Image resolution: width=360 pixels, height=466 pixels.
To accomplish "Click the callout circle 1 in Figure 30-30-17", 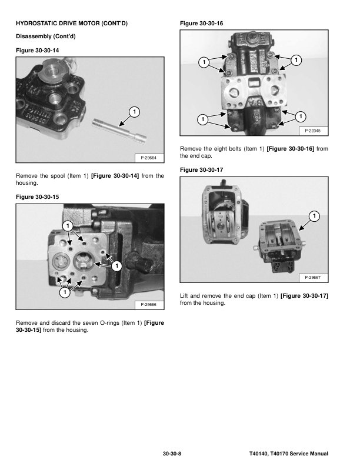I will pos(315,216).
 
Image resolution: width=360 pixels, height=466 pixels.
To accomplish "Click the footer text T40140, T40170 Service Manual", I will pos(288,454).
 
